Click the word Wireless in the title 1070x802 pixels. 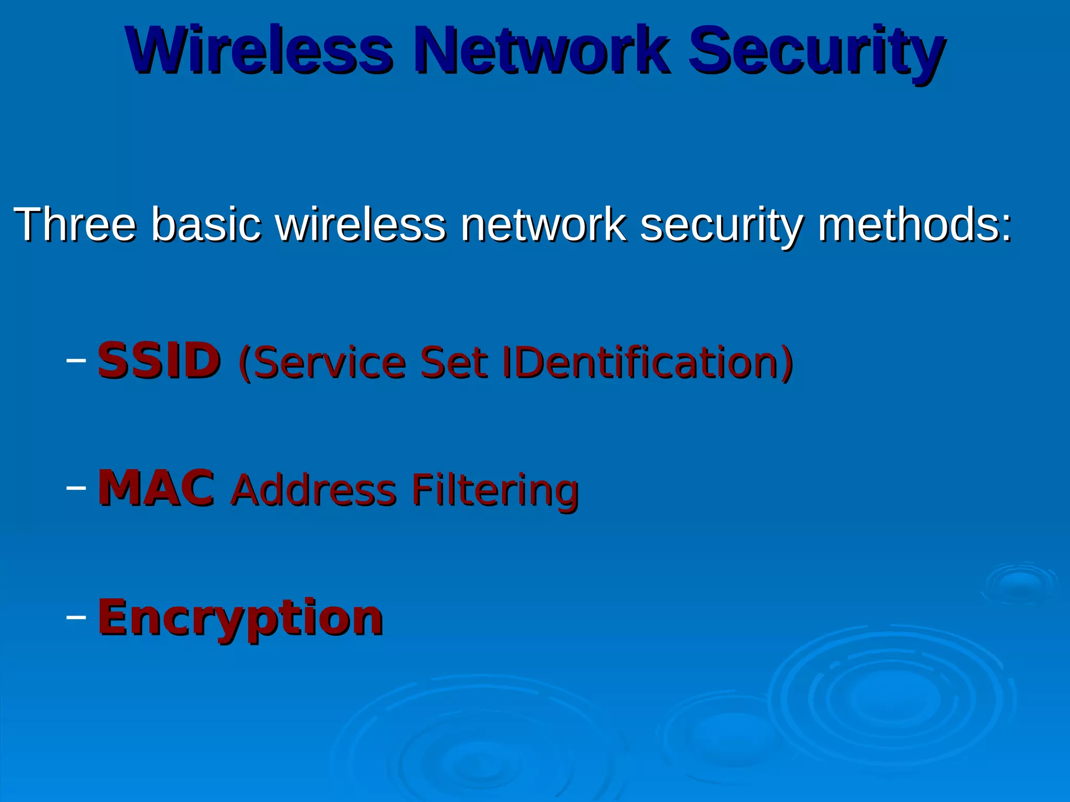coord(259,51)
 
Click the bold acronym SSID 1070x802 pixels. coord(159,361)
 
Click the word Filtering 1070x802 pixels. coord(494,491)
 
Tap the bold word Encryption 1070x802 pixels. coord(240,619)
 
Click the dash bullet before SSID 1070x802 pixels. coord(76,360)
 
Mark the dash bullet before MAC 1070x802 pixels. coord(76,488)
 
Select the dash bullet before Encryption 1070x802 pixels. coord(76,617)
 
